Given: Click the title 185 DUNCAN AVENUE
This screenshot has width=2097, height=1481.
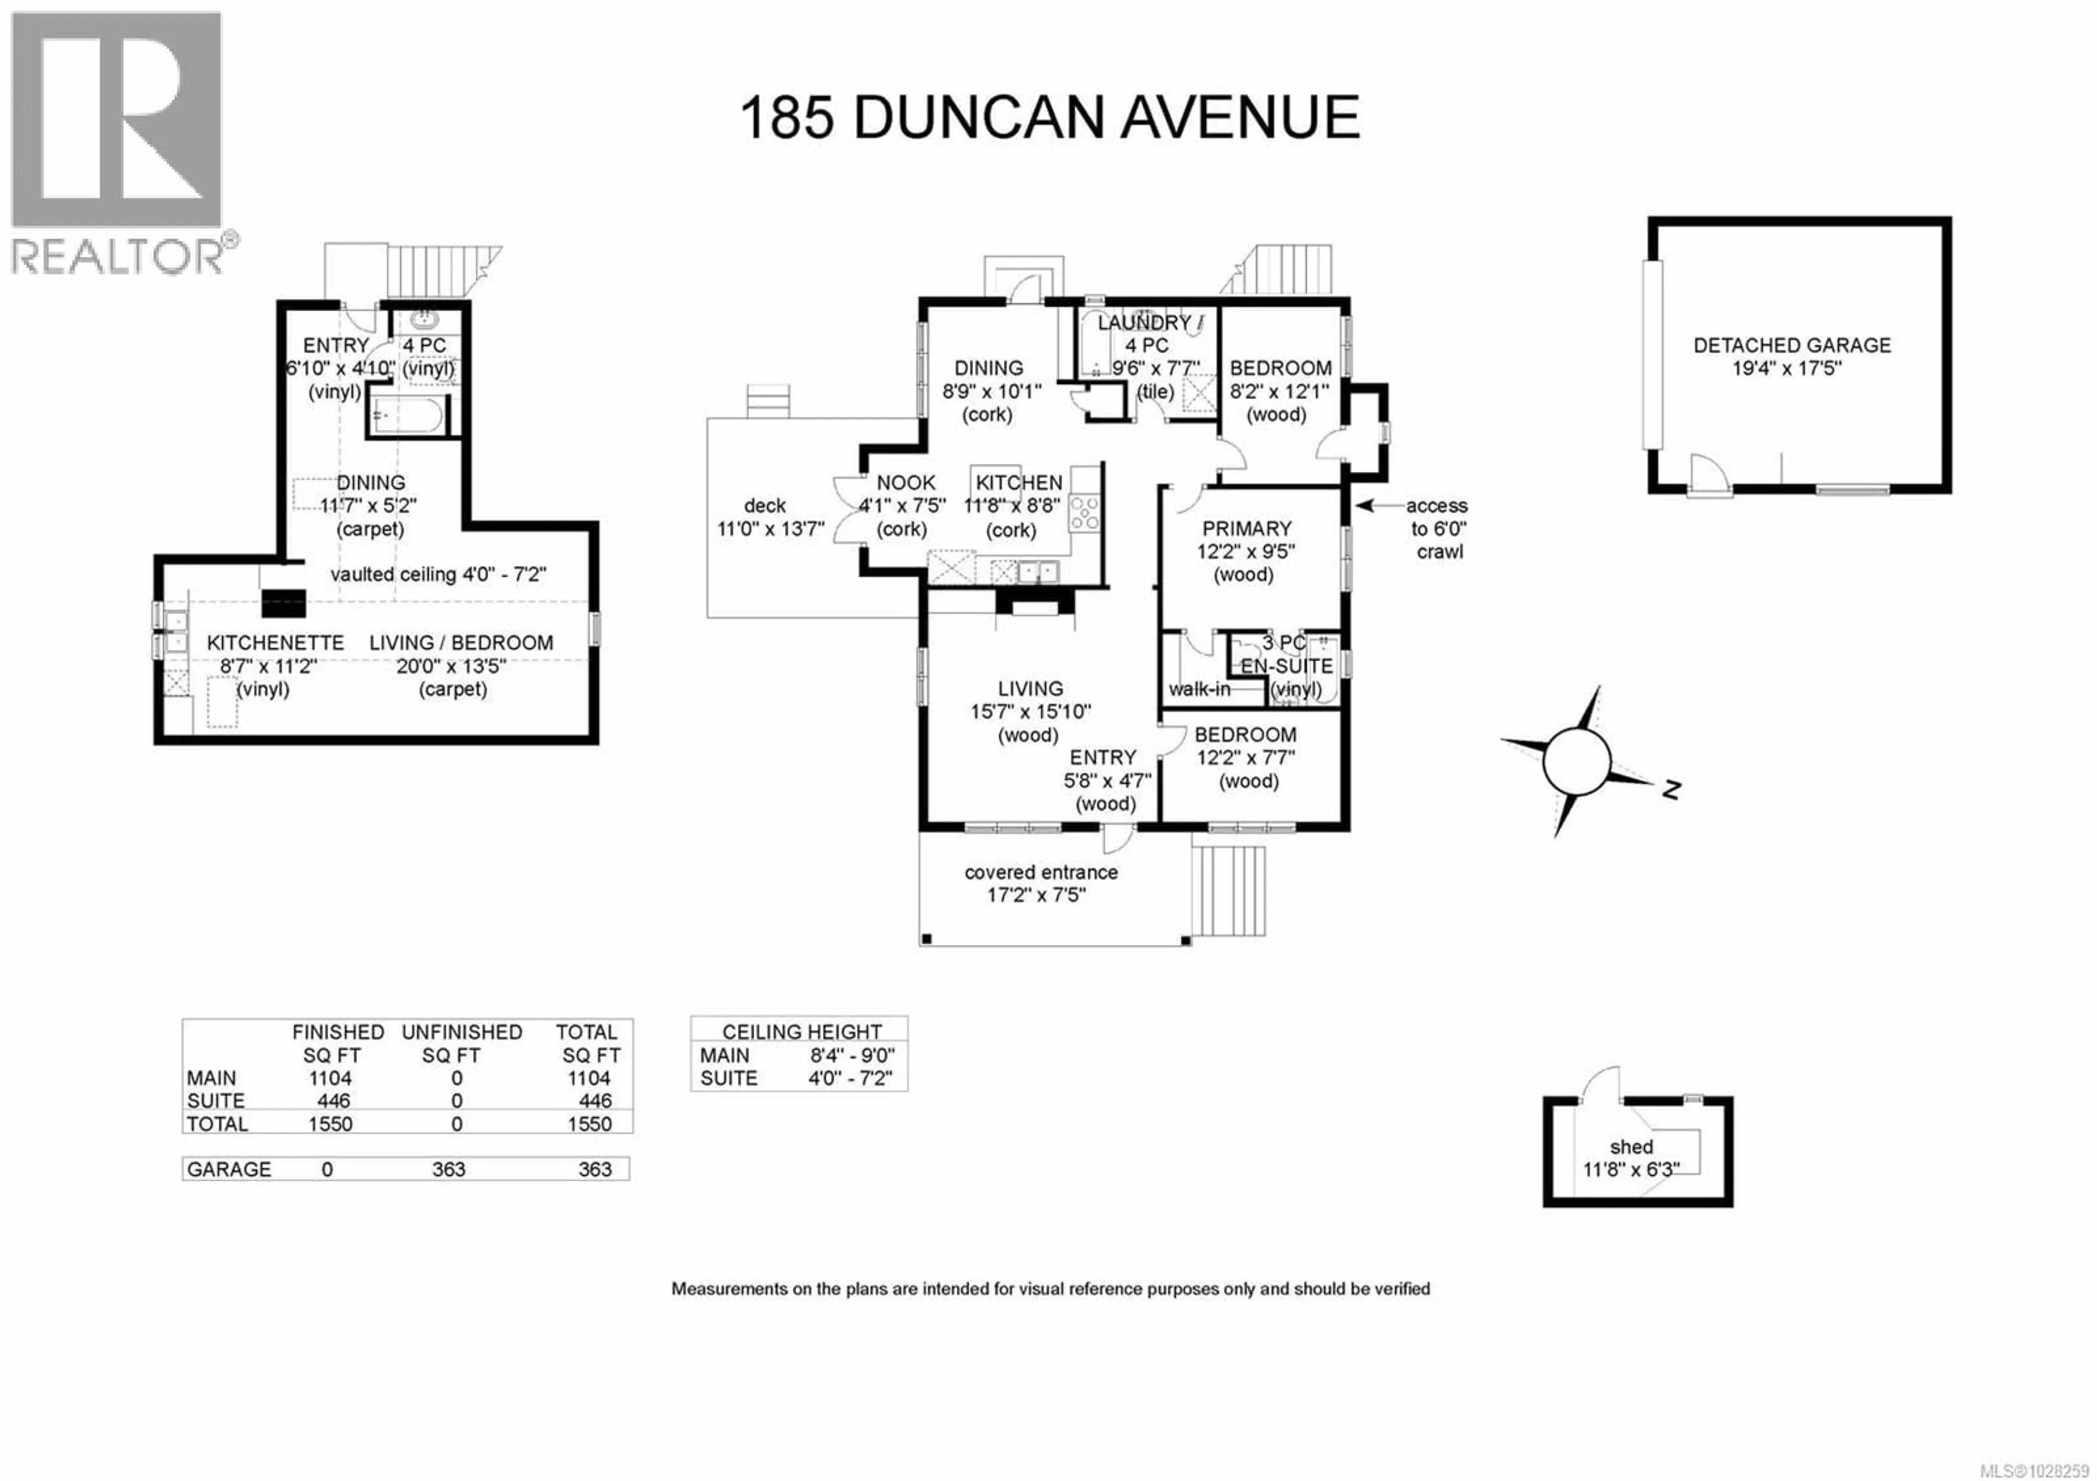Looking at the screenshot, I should point(1048,118).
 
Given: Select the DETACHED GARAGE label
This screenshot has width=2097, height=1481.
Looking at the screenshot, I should point(1791,345).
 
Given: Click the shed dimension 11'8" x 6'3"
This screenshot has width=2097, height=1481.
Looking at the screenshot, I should point(1630,1170).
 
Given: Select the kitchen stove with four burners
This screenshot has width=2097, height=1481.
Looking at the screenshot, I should point(1084,512).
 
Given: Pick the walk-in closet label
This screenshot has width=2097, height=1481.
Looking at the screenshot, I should point(1199,689).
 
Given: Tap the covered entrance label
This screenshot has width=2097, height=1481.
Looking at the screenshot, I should point(1040,872).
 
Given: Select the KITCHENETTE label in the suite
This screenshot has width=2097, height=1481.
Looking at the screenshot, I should point(275,643).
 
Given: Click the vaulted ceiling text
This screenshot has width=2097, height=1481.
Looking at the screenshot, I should point(437,574).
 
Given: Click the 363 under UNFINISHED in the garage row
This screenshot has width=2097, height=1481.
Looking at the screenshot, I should point(448,1170).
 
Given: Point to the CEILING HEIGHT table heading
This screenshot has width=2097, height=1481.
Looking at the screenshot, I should point(801,1032).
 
